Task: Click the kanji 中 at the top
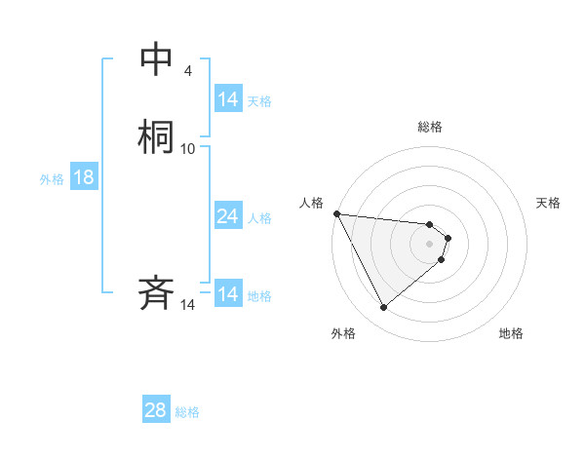[x=156, y=59]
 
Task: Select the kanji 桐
[x=156, y=137]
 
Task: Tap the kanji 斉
[x=156, y=293]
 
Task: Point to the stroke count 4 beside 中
[x=187, y=70]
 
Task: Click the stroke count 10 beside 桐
[x=188, y=148]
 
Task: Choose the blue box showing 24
[x=228, y=216]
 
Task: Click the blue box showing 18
[x=84, y=177]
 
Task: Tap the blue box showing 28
[x=156, y=410]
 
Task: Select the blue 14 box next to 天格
[x=228, y=99]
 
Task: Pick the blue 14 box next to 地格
[x=228, y=294]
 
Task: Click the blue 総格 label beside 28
[x=187, y=412]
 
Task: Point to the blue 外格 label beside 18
[x=52, y=179]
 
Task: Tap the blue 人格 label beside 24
[x=259, y=218]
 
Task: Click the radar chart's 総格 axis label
[x=429, y=127]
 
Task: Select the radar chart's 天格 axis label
[x=548, y=203]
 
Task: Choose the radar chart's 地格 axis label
[x=511, y=333]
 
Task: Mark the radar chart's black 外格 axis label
[x=343, y=333]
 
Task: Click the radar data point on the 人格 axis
[x=336, y=213]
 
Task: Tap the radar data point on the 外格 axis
[x=383, y=307]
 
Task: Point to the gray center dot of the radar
[x=429, y=243]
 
